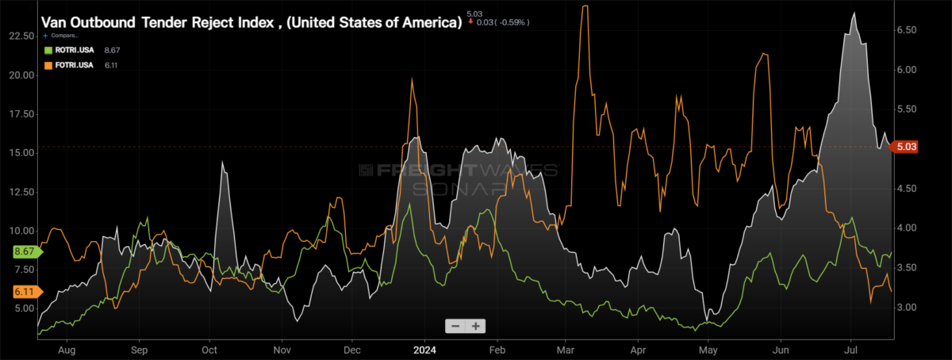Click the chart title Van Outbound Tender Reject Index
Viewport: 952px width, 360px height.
157,22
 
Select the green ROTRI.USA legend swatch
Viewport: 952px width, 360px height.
48,50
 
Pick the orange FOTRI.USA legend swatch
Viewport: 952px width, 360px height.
48,65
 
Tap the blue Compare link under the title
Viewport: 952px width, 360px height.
61,35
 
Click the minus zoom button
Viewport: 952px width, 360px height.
455,326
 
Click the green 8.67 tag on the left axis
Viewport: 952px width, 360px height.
26,251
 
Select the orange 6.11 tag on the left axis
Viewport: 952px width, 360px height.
26,292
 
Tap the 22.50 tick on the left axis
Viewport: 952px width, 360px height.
21,36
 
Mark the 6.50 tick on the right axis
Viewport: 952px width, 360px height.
907,30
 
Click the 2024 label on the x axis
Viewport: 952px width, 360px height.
424,350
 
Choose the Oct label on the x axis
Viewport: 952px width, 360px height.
209,350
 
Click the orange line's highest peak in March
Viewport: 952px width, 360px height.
585,6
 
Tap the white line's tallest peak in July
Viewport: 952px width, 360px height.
854,13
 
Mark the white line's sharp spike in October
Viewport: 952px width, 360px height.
222,163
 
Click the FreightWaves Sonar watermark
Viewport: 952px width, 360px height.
459,179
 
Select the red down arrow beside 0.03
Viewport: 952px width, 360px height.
470,21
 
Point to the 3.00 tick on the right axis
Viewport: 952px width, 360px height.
907,307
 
